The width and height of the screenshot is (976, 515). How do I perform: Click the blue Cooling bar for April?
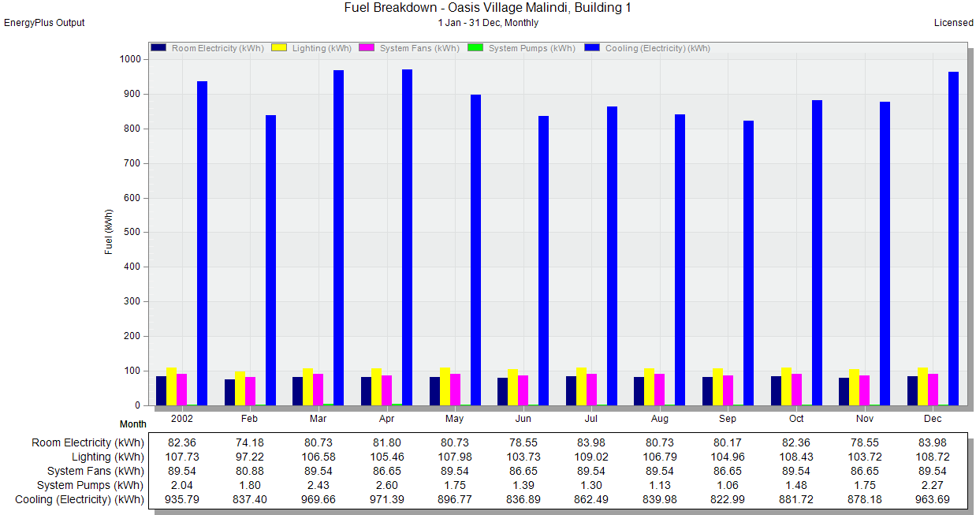tap(407, 237)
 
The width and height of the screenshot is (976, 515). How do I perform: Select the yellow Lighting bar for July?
tap(581, 387)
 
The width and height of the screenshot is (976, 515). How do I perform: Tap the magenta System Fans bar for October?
tap(796, 390)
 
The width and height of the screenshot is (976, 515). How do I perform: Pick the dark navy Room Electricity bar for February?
tap(229, 393)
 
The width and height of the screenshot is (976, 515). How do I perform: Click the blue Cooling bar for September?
tap(748, 263)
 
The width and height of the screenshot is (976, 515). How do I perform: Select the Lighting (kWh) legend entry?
tap(311, 48)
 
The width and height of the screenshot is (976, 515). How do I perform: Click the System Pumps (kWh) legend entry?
tap(521, 48)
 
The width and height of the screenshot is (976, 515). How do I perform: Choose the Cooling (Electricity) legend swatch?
tap(592, 47)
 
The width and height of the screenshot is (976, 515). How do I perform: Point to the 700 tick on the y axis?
tap(148, 163)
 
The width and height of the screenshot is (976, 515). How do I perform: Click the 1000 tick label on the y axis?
tap(130, 59)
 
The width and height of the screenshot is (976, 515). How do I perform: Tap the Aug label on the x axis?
tap(660, 419)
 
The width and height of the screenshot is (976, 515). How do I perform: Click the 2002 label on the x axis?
tap(181, 419)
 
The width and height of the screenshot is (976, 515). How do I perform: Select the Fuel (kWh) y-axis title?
tap(109, 232)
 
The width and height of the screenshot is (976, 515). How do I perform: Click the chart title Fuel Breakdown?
tap(487, 7)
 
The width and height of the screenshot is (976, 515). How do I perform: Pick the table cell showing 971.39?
tap(387, 499)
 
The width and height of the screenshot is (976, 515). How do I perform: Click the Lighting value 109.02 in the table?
tap(591, 457)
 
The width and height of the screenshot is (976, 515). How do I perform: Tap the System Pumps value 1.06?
tap(728, 485)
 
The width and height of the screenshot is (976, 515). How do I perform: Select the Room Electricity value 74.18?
tap(250, 442)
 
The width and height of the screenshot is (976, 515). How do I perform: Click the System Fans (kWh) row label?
tap(95, 472)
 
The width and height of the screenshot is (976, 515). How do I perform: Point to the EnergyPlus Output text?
tap(44, 23)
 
